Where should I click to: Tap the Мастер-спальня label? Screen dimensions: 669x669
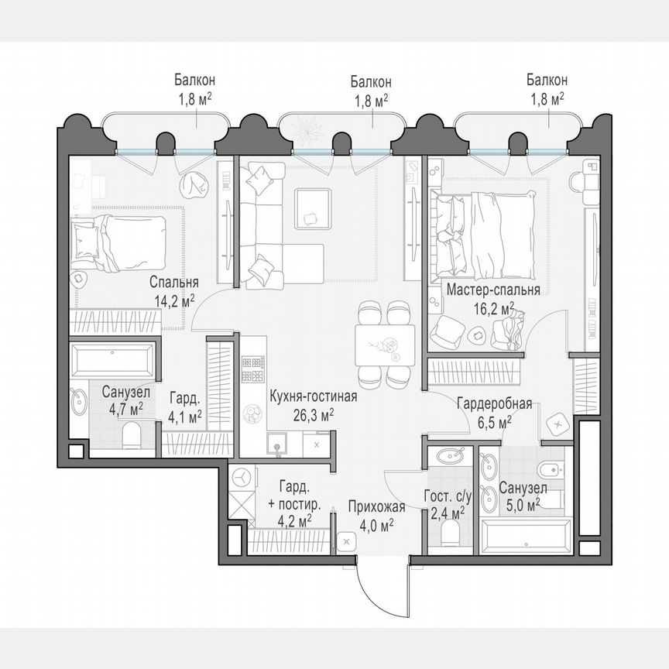[x=493, y=299]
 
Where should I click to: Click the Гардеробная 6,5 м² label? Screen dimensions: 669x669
[x=493, y=413]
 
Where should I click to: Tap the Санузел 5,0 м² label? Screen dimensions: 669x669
[x=523, y=496]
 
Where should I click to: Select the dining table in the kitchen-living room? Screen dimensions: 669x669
[x=384, y=345]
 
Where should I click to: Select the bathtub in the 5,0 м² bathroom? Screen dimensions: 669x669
[x=526, y=536]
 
